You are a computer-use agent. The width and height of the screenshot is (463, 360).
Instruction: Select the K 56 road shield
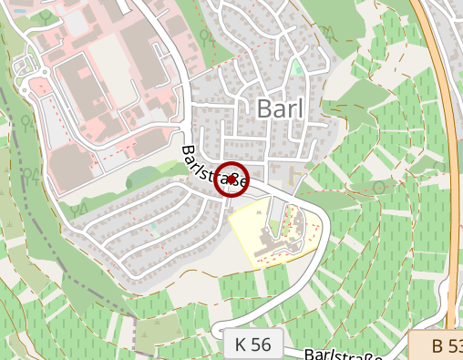pos(252,345)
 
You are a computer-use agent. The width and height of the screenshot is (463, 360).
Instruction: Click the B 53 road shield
pos(441,346)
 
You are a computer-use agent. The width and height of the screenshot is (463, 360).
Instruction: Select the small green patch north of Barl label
pos(297,67)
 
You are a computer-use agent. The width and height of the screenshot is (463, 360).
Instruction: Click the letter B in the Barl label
pos(266,108)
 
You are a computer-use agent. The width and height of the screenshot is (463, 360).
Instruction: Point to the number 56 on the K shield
pos(261,345)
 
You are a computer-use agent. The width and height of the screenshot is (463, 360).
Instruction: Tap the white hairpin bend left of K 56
pos(216,330)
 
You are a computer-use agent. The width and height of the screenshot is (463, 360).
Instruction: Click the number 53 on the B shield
pos(453,346)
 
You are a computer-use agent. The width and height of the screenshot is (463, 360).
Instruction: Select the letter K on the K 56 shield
pos(241,345)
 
